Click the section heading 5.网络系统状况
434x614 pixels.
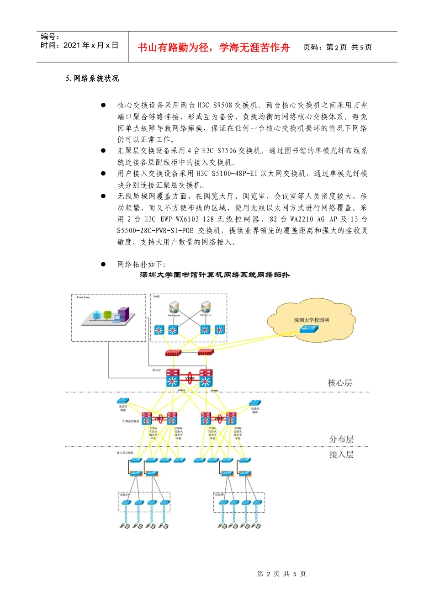tap(92, 79)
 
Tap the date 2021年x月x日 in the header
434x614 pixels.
tap(91, 45)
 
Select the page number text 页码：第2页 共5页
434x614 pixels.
tap(338, 47)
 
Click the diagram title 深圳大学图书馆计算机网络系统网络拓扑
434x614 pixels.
tap(215, 275)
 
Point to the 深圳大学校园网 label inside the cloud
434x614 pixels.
tap(311, 320)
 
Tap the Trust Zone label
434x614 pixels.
tap(83, 297)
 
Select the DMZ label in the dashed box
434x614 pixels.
tap(157, 297)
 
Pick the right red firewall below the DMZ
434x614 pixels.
tap(206, 352)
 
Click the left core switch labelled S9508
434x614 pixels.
tap(173, 378)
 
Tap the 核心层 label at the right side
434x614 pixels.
tap(340, 383)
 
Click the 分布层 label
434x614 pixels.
tap(341, 439)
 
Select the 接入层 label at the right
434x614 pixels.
tap(341, 455)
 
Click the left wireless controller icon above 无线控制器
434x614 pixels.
tap(123, 401)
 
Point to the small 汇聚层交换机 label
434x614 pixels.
tap(131, 421)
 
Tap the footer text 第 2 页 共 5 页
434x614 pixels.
tap(281, 574)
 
